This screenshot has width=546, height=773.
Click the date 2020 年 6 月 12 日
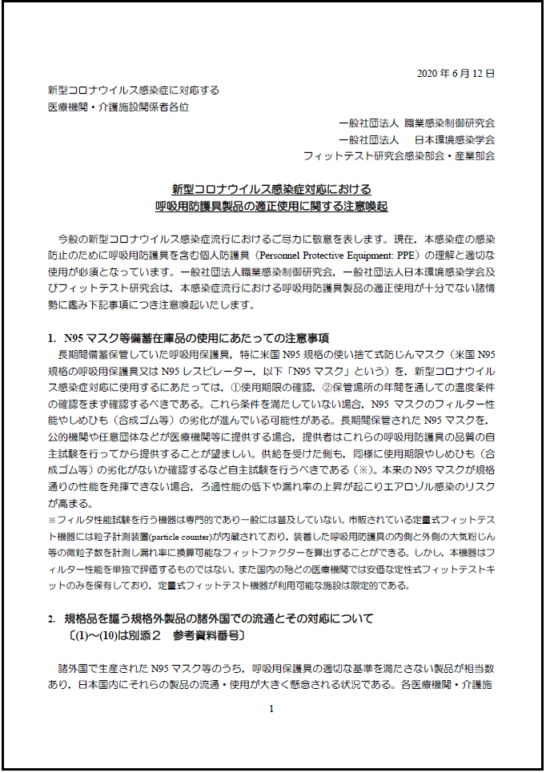pyautogui.click(x=456, y=74)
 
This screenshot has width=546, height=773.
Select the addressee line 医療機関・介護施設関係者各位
pyautogui.click(x=118, y=107)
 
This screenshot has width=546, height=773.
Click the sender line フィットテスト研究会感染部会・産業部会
pyautogui.click(x=399, y=155)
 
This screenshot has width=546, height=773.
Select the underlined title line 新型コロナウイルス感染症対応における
pyautogui.click(x=271, y=189)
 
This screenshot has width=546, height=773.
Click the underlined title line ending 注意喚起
pyautogui.click(x=271, y=206)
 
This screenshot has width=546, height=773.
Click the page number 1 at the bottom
pyautogui.click(x=271, y=708)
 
